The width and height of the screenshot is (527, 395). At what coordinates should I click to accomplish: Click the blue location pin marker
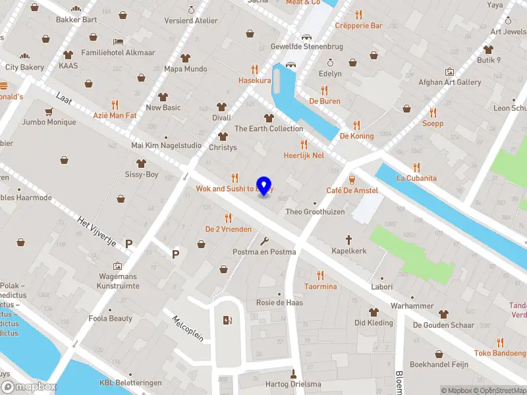click(x=264, y=186)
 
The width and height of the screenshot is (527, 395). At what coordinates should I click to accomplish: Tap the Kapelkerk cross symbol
click(x=349, y=240)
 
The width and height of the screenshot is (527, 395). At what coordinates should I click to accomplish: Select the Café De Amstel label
click(x=352, y=190)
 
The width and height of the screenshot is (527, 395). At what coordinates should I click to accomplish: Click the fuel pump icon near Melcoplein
click(x=227, y=321)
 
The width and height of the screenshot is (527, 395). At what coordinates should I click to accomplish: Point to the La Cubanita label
click(x=416, y=178)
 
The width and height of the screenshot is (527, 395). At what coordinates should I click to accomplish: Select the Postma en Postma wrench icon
click(x=265, y=241)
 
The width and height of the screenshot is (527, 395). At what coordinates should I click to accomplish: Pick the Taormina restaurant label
click(x=320, y=286)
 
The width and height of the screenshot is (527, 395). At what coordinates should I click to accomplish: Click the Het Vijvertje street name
click(x=97, y=231)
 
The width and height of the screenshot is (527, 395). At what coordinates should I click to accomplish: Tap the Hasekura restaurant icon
click(x=254, y=69)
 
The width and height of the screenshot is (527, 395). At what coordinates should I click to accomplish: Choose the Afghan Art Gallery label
click(x=449, y=82)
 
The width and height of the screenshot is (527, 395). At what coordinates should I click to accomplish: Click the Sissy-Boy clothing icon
click(x=141, y=163)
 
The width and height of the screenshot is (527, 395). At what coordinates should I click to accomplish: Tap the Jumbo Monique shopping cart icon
click(x=48, y=111)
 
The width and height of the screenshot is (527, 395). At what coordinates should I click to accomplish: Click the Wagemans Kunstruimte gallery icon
click(x=118, y=266)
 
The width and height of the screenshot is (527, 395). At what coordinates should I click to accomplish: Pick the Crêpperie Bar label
click(x=358, y=26)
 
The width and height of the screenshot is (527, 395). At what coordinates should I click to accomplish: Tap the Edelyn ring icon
click(x=331, y=63)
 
